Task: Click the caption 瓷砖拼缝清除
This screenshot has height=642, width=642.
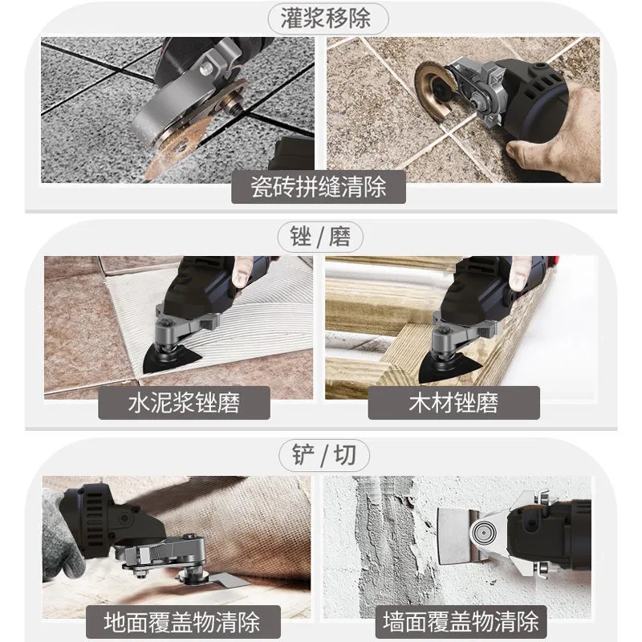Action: pos(319,187)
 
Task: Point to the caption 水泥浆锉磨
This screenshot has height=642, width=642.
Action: pos(183,401)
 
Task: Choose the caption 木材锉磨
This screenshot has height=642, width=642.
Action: pos(453,401)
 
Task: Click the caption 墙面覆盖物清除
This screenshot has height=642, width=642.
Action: pos(461,620)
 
